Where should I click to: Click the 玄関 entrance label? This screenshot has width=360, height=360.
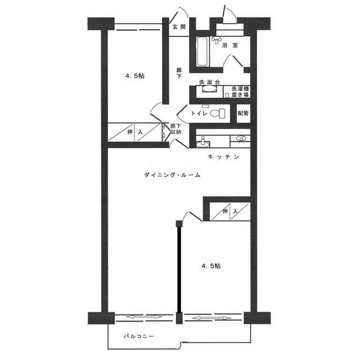coord(179,26)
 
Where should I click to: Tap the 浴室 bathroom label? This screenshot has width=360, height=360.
coord(230,45)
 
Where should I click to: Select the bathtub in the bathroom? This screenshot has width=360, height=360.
coord(203,51)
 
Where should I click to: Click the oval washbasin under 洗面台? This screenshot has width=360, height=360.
coord(209,89)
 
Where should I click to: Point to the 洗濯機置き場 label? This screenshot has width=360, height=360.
coord(240,92)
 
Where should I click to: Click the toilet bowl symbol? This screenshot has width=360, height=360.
coord(215,113)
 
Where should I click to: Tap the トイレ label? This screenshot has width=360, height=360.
coord(199,113)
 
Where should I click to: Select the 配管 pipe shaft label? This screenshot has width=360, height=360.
coord(243,113)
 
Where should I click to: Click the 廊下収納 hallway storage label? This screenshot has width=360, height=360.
coord(175,129)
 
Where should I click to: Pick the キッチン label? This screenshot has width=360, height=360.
coord(223,157)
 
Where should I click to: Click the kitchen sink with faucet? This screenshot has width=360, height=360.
coord(203,142)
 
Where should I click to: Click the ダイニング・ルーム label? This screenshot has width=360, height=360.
coord(173,175)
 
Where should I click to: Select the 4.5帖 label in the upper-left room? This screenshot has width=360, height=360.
coord(135,76)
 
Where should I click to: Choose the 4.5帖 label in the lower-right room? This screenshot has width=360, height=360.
coord(211,266)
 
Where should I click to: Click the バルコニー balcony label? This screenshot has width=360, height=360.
coord(139,336)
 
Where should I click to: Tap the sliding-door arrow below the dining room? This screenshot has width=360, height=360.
coord(144,317)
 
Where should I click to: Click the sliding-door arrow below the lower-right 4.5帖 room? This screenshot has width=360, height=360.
coord(211,318)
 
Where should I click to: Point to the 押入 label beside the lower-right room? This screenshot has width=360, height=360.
coord(230,211)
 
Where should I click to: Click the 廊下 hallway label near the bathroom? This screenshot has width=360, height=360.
coord(179,73)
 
